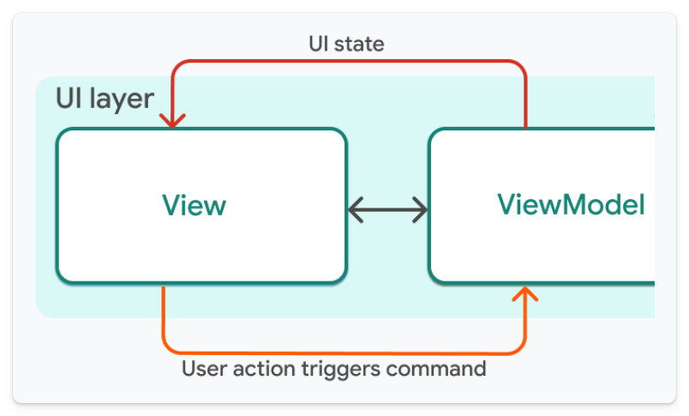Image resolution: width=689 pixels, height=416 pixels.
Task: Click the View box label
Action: (x=195, y=206)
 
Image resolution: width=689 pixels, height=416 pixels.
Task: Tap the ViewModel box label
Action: (x=571, y=205)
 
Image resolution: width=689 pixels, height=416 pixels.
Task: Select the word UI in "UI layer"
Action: (x=68, y=99)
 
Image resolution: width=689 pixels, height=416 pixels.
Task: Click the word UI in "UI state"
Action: (x=319, y=44)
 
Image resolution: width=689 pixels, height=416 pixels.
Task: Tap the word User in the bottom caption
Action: (x=202, y=369)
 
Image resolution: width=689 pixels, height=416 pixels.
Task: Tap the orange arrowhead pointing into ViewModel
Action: (x=525, y=294)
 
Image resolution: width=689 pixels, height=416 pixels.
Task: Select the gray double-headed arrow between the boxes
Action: (x=387, y=208)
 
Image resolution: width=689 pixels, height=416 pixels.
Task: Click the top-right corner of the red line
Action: (x=523, y=63)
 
